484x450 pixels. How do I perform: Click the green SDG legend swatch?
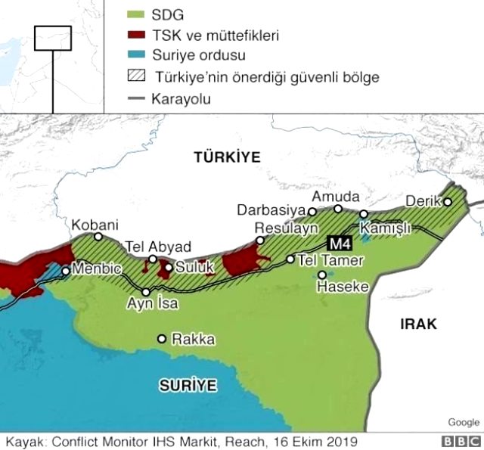click(137, 14)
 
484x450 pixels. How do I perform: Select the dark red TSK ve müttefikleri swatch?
click(137, 35)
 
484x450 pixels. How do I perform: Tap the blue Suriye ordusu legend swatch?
click(137, 55)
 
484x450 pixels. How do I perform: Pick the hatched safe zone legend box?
click(137, 76)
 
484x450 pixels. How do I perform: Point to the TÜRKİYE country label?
click(226, 157)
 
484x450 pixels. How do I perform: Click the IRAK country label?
click(418, 324)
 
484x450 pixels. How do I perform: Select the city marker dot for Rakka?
click(161, 339)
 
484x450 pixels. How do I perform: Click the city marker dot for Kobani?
click(98, 237)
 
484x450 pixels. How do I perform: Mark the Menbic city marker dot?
click(67, 271)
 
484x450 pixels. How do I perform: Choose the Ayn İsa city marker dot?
click(146, 291)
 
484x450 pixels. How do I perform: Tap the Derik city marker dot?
click(448, 202)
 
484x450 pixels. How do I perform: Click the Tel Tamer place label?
click(331, 260)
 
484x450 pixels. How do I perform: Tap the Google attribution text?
click(463, 422)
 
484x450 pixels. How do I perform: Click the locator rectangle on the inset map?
click(53, 38)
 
